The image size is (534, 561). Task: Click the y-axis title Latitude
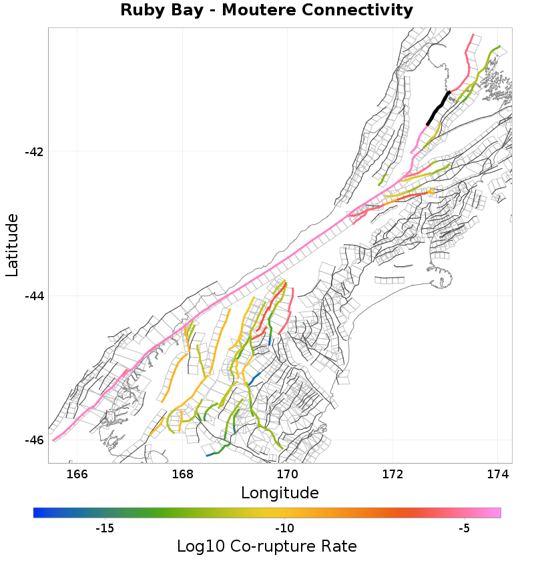tap(12, 245)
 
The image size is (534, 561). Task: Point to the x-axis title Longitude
tap(280, 493)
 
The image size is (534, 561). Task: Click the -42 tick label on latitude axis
tap(34, 151)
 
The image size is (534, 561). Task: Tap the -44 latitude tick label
tap(34, 296)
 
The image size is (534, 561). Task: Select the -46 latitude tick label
tap(34, 440)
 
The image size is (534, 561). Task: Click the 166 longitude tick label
tap(77, 474)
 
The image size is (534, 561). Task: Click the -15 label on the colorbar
tap(104, 529)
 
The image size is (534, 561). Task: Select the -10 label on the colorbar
tap(284, 529)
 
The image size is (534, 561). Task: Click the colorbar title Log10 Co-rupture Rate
tap(267, 546)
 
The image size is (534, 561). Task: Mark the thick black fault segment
tap(438, 108)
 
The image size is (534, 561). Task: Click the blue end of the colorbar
tap(37, 512)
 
